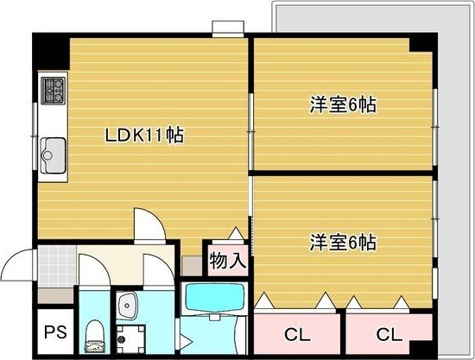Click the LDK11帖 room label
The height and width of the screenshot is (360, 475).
144,135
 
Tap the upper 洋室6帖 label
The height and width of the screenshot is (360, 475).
343,104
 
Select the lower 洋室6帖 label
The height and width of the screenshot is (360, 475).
343,243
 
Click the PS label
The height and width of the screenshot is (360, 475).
55,332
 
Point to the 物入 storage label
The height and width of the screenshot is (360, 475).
228,261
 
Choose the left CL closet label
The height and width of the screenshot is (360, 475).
297,335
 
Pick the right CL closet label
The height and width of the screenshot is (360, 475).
389,335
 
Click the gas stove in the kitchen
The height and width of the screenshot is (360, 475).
53,91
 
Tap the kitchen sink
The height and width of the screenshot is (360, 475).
53,155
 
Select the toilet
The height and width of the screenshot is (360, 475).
94,336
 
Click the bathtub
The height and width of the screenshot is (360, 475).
215,297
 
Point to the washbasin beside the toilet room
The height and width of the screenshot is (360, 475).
127,305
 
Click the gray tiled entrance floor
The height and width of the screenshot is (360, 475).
57,267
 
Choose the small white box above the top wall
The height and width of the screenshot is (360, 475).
228,28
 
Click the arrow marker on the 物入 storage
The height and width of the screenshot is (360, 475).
236,233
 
